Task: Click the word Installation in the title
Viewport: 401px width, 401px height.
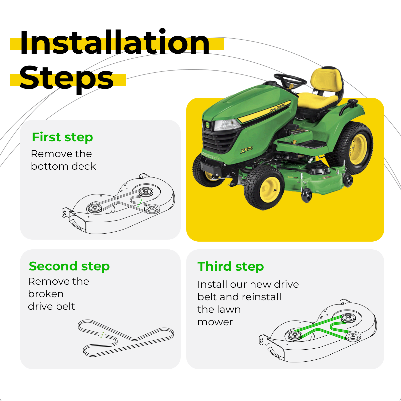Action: pos(115,42)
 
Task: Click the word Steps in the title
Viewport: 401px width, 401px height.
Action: pos(66,78)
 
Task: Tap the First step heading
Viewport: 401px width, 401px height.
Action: pos(62,137)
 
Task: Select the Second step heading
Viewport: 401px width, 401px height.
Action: pos(69,266)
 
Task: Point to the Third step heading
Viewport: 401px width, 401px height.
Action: pos(231,266)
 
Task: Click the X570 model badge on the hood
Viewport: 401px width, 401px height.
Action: pos(247,150)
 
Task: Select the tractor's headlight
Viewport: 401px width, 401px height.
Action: pos(227,125)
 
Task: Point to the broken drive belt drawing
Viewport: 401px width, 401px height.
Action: pos(126,338)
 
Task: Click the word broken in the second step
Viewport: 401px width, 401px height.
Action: pos(46,294)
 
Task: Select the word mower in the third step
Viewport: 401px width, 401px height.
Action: pos(215,322)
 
